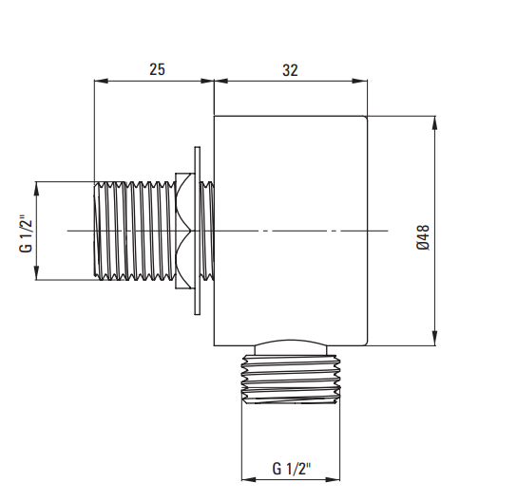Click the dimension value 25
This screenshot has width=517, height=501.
(157, 69)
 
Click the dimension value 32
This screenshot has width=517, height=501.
(290, 70)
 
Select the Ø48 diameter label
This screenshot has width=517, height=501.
(423, 237)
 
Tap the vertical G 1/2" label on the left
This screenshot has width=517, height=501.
(26, 233)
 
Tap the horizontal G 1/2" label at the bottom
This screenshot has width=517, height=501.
(292, 469)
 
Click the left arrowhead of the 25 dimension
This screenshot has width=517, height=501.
(101, 81)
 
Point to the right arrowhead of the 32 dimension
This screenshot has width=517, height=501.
(360, 81)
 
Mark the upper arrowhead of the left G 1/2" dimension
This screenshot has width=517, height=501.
(36, 188)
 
